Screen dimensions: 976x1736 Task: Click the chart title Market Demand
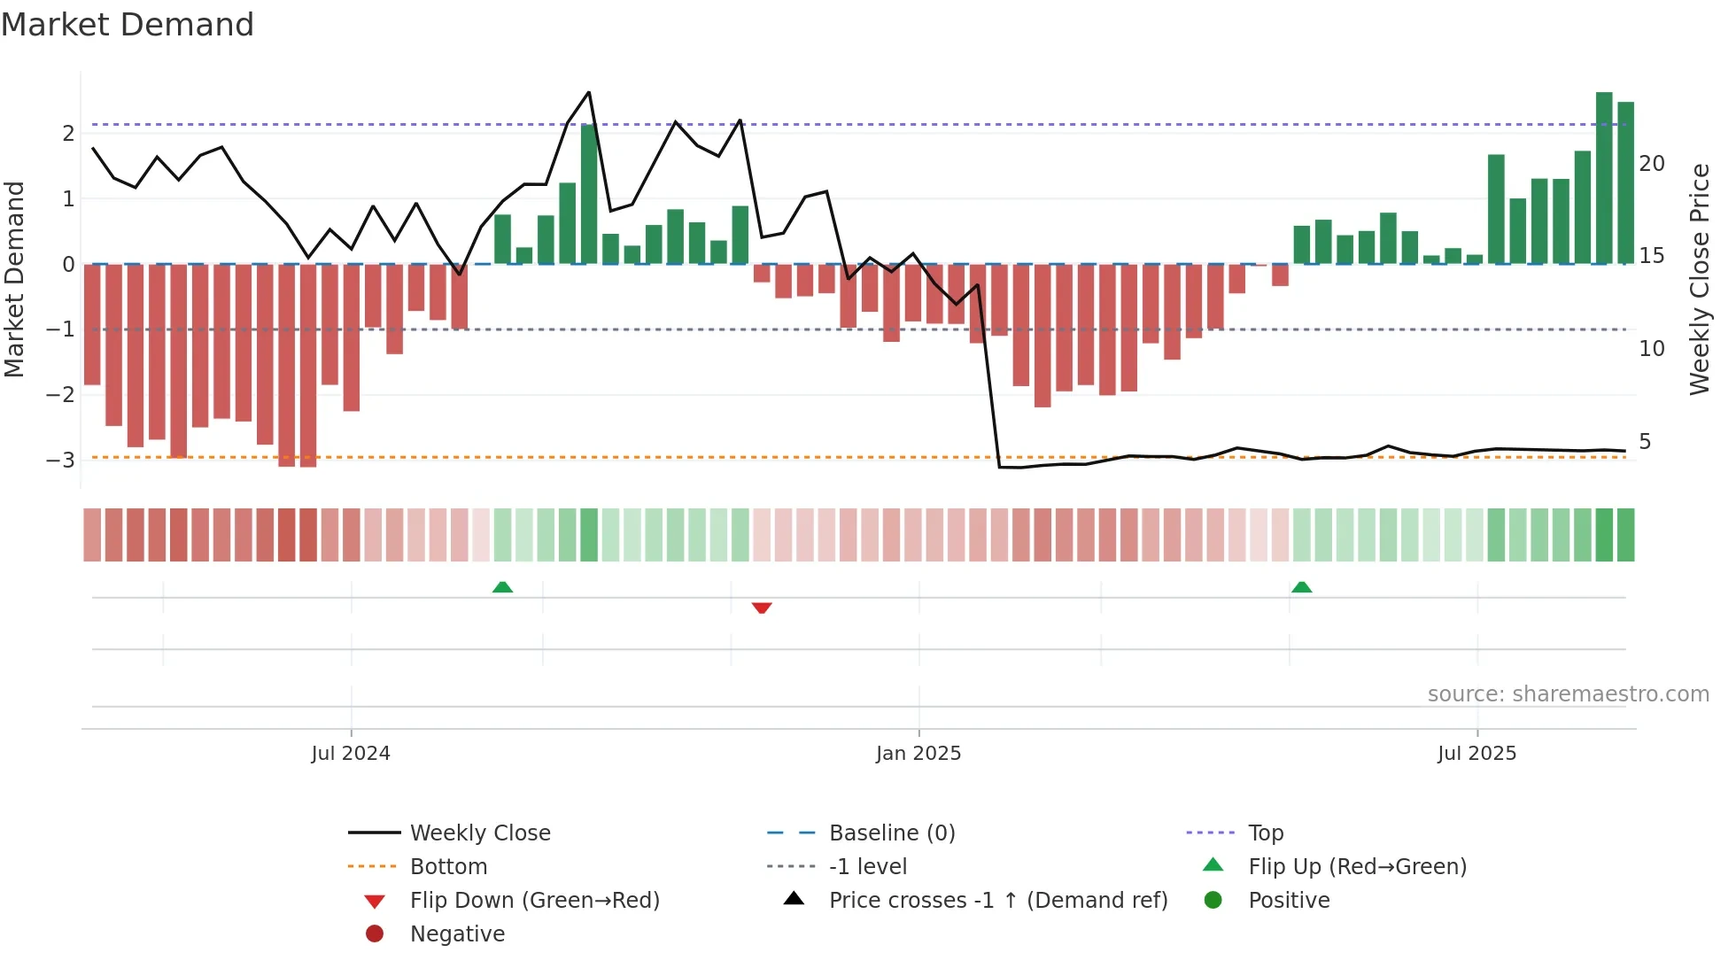pos(128,25)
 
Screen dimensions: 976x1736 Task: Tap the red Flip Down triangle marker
pos(762,608)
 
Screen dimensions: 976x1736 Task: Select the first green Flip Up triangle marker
pos(502,587)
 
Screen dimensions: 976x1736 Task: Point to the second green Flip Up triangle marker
pos(1301,587)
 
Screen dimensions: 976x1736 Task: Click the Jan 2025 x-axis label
pos(918,754)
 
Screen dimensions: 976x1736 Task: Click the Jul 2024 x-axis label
pos(351,754)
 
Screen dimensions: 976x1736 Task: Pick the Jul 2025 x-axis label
pos(1476,754)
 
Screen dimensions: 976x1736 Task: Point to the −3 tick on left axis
pos(61,460)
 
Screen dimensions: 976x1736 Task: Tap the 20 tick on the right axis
pos(1652,164)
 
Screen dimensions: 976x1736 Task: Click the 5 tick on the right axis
pos(1645,442)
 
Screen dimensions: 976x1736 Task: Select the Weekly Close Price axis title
pos(1699,279)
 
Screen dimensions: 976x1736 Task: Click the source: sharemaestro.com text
pos(1568,694)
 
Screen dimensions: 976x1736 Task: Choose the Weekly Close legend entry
pos(479,833)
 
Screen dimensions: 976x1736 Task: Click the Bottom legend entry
pos(448,867)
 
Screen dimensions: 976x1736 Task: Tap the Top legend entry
pos(1266,833)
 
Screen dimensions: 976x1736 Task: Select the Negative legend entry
pos(457,934)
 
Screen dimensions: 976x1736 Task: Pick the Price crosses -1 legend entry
pos(997,901)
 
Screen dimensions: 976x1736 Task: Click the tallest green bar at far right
pos(1604,177)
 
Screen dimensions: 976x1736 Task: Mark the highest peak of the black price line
pos(589,93)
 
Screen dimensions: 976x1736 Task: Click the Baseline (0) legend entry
pos(891,833)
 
